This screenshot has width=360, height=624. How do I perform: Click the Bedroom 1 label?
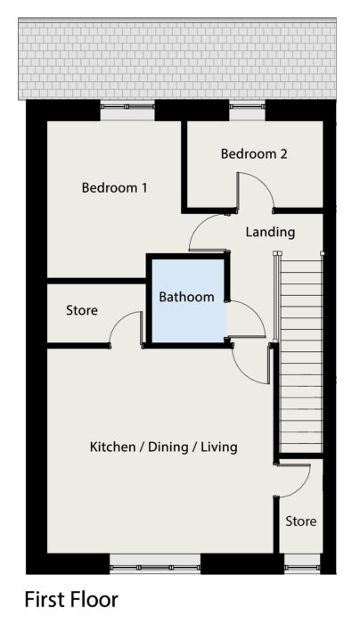click(114, 187)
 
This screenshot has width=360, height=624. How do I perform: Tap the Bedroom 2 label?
click(254, 153)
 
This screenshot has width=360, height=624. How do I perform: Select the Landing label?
click(270, 232)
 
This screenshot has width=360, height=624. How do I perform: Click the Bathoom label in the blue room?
click(186, 297)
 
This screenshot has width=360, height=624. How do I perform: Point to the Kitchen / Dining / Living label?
click(163, 447)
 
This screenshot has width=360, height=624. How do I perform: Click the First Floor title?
click(71, 599)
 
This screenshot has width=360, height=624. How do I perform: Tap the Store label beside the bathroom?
click(82, 310)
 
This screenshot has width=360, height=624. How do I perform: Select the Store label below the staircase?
click(300, 521)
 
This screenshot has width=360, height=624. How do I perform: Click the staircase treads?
click(301, 353)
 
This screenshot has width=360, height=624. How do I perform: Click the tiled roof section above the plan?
click(177, 59)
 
